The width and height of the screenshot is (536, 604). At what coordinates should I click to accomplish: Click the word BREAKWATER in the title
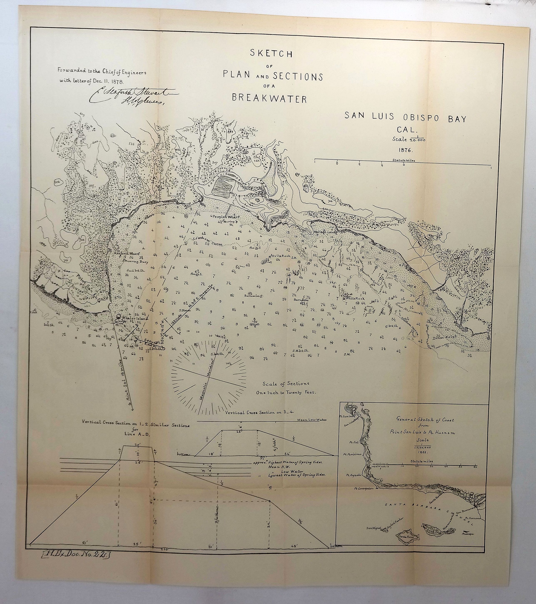[269, 98]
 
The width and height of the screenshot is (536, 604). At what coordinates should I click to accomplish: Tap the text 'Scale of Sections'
[286, 384]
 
